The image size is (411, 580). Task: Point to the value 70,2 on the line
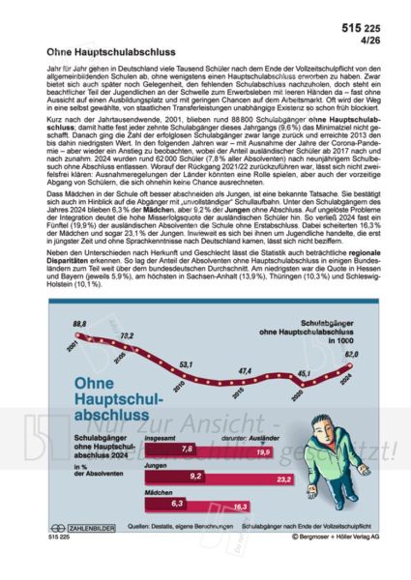click(x=127, y=336)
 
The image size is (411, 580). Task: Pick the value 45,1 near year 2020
click(x=304, y=373)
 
